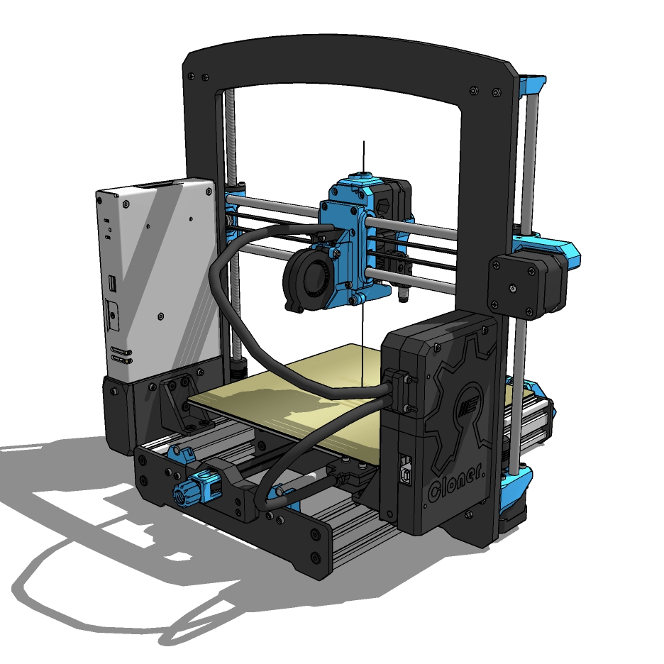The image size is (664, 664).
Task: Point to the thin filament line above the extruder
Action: [364, 156]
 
